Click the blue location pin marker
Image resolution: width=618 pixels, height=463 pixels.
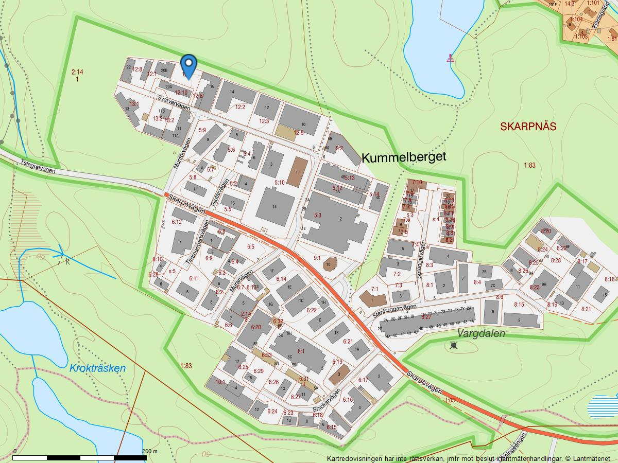point(189,66)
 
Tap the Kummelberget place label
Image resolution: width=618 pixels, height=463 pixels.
point(403,157)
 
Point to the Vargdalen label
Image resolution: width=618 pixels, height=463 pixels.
point(481,333)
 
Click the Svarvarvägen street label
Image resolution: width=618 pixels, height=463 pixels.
point(174,102)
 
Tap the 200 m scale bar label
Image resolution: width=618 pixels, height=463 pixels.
point(150,451)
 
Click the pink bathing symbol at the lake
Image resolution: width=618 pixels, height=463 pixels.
point(451,58)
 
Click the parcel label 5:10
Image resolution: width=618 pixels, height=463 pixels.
point(279,183)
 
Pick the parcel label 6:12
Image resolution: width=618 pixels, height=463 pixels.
point(177,222)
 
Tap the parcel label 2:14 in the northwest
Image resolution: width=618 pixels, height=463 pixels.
point(77,72)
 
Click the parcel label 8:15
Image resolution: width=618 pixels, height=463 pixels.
point(518,305)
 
